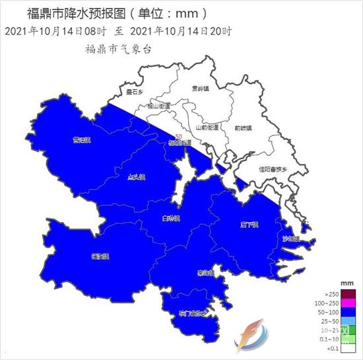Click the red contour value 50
[178, 137]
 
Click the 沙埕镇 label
[290, 238]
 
